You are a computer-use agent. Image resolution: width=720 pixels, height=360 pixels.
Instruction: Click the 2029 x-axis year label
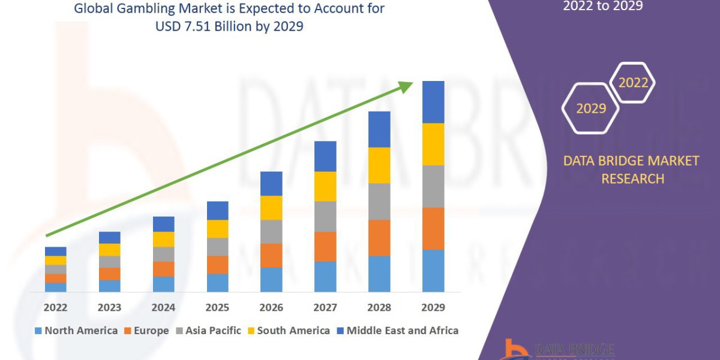coord(433,308)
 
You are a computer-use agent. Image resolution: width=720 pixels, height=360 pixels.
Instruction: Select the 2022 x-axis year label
coord(55,308)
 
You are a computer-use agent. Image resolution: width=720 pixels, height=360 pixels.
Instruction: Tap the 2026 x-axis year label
coord(271,308)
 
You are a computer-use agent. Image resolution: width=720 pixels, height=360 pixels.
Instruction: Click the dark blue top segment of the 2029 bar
coord(433,102)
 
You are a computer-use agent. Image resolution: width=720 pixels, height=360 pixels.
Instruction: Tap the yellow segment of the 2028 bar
coord(379,165)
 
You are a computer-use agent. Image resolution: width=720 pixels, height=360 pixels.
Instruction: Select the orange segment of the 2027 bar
coord(325,246)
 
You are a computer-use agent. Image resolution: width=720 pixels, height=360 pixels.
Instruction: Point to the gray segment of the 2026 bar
coord(271,231)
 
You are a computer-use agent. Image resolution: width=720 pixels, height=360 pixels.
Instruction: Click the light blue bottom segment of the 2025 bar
coord(217,283)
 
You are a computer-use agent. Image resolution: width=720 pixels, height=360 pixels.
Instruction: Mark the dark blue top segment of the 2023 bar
coord(109,238)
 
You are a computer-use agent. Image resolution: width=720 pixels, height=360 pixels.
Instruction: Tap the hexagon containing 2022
coord(632,83)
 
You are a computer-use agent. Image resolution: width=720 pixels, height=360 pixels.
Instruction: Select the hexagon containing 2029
coord(590,109)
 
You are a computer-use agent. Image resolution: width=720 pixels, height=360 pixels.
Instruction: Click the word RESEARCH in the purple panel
coord(632,179)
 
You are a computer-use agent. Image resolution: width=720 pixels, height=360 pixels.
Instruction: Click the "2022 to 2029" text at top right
coord(602,7)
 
